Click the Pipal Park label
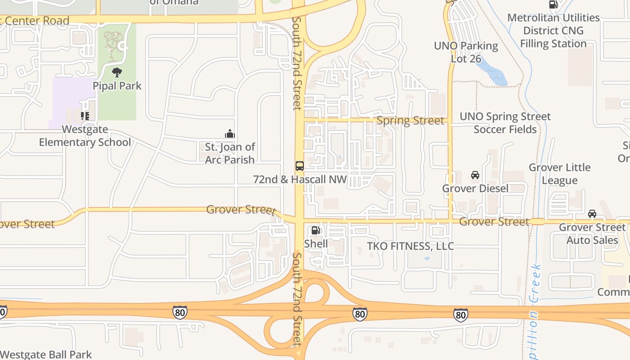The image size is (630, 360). (x=117, y=85)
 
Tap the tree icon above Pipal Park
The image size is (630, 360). (x=117, y=72)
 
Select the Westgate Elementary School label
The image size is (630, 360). (x=85, y=136)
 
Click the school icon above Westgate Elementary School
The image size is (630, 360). (x=85, y=116)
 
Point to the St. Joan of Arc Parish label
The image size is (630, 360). (x=230, y=153)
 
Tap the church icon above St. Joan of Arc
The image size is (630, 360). (x=230, y=134)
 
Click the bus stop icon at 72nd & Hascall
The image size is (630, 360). (x=300, y=166)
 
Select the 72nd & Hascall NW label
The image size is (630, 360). (x=300, y=179)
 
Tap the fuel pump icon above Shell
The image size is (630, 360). (x=316, y=230)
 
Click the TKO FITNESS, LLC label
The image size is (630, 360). (x=410, y=246)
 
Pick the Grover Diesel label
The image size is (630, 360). (x=475, y=188)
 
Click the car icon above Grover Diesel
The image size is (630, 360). (x=475, y=175)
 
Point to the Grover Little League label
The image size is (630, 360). (x=559, y=174)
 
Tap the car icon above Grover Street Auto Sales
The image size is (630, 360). (x=592, y=213)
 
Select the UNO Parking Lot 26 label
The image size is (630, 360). (x=466, y=52)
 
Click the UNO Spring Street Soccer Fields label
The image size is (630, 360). (x=505, y=123)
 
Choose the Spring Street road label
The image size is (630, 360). (x=410, y=121)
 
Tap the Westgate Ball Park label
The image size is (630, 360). (x=46, y=355)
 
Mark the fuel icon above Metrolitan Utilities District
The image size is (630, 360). (x=553, y=4)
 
